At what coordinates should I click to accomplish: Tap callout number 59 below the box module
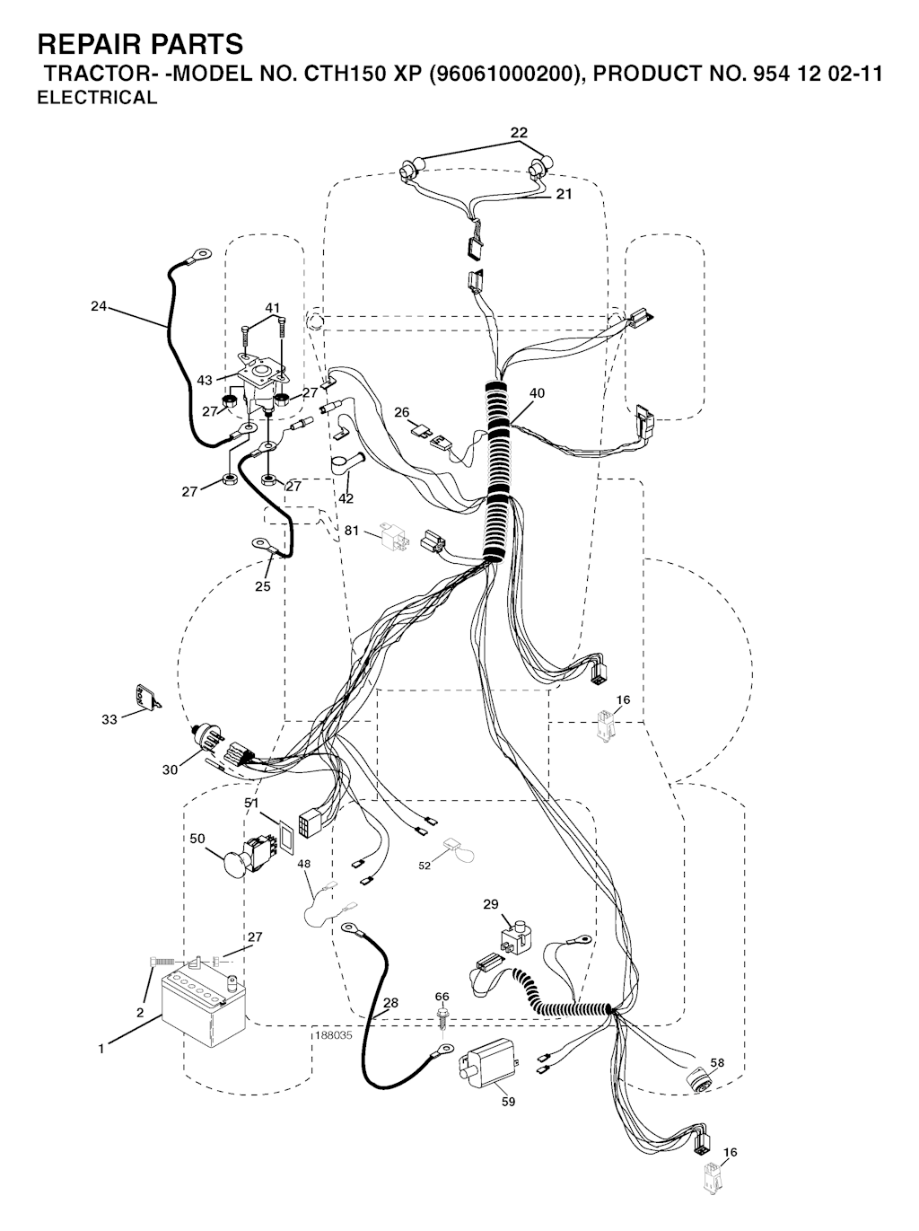point(508,1102)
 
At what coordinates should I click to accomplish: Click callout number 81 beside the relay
point(351,530)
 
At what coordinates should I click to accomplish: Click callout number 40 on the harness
point(537,393)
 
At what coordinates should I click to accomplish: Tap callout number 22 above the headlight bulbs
point(519,133)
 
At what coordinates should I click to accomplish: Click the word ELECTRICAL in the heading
point(97,98)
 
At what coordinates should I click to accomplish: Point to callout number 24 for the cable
point(99,306)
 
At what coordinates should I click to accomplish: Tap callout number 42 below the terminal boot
point(346,497)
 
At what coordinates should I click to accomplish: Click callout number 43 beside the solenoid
point(205,380)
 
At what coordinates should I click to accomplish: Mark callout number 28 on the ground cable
point(390,1002)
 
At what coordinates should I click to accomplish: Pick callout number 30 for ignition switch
point(170,770)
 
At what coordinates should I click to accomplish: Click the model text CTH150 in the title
point(338,74)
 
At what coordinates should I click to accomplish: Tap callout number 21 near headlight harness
point(564,194)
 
